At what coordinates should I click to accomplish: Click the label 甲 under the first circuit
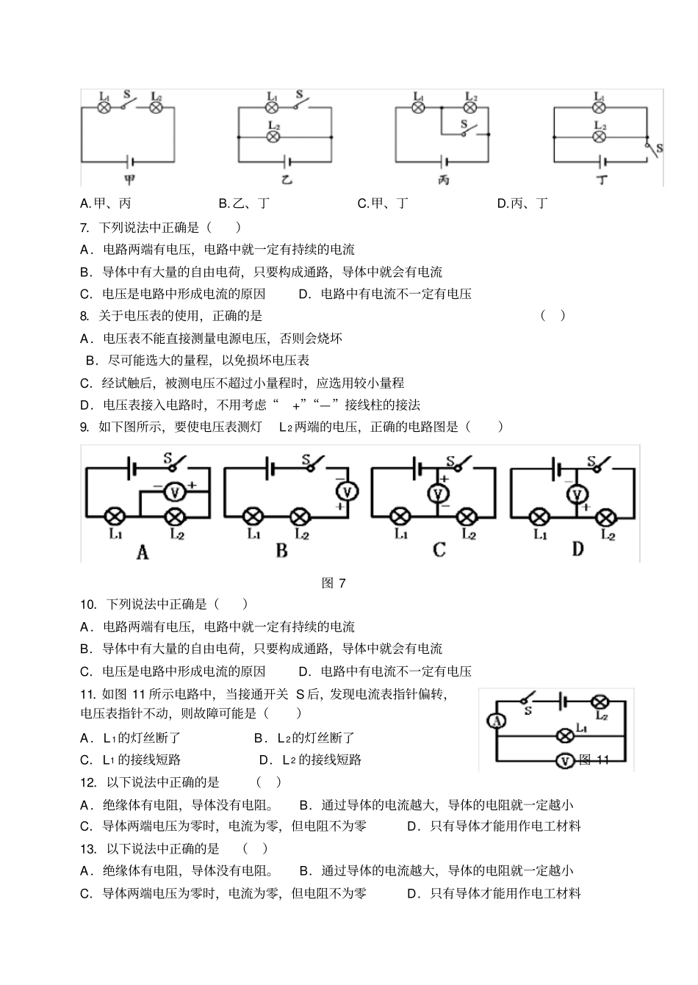(129, 180)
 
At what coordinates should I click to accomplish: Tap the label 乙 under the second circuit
(286, 180)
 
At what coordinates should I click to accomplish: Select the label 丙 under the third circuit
(444, 180)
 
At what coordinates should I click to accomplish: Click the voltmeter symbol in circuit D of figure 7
(578, 494)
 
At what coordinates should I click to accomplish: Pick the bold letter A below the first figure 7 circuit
(143, 552)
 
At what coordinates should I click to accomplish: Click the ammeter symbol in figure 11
(497, 722)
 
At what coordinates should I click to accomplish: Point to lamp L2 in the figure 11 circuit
(600, 701)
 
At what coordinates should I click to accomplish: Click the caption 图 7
(334, 583)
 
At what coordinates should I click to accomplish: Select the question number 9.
(84, 427)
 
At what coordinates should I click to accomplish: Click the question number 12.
(88, 782)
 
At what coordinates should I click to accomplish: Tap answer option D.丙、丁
(522, 203)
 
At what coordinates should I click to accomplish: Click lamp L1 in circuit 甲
(104, 107)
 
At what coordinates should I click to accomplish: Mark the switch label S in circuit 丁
(659, 148)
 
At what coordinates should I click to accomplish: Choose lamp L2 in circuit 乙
(273, 137)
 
